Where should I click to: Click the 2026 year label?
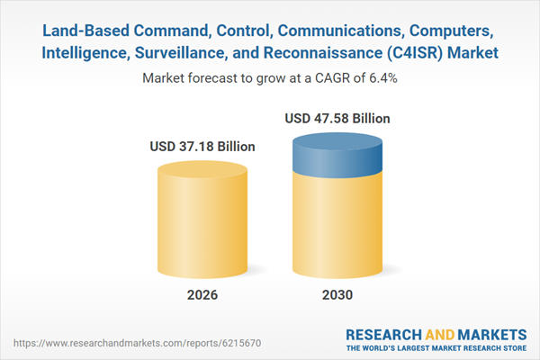tap(202, 295)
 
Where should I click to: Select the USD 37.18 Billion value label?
tap(202, 147)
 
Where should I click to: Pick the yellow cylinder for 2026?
tap(202, 220)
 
